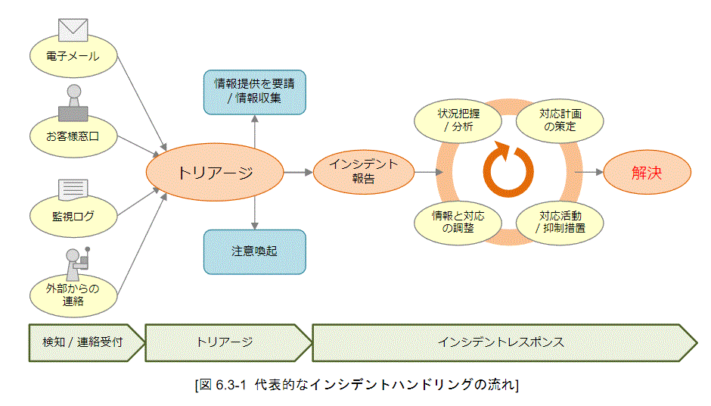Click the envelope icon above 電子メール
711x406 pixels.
coord(73,30)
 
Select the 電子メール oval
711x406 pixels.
coord(73,57)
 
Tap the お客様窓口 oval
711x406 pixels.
coord(73,137)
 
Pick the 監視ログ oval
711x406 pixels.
coord(73,217)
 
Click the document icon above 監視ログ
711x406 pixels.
coord(73,189)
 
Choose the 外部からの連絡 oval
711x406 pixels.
coord(73,295)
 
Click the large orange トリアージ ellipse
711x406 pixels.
coord(215,173)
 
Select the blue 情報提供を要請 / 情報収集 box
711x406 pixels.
coord(254,92)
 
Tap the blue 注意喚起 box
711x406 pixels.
coord(254,251)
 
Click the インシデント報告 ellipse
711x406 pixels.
coord(364,173)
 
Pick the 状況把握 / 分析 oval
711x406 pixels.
coord(458,120)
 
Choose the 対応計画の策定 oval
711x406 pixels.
coord(560,120)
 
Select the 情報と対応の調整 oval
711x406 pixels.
coord(458,221)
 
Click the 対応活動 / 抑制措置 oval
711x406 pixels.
coord(560,221)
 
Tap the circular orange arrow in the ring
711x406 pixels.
coord(508,170)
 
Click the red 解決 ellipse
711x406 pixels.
coord(647,172)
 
